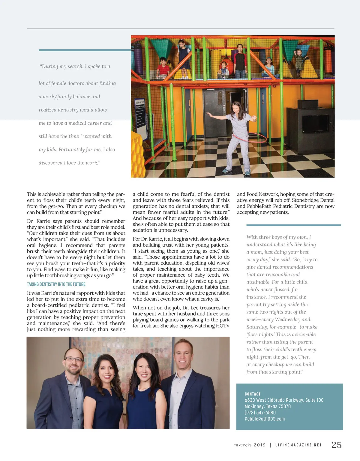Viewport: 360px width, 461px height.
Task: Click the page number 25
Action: [336, 445]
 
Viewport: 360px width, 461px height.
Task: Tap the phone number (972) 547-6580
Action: [260, 412]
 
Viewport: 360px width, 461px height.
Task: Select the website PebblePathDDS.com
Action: [265, 419]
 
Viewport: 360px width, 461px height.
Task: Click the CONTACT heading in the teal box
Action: [253, 394]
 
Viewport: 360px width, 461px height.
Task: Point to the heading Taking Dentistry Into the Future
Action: [56, 284]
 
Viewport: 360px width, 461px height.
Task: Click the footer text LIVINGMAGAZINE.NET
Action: [298, 445]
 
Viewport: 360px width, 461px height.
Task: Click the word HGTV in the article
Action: [223, 326]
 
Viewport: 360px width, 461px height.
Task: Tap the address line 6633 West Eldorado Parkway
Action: [284, 400]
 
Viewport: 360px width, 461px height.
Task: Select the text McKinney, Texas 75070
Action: [268, 406]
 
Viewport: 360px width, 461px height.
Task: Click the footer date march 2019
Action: [250, 445]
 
